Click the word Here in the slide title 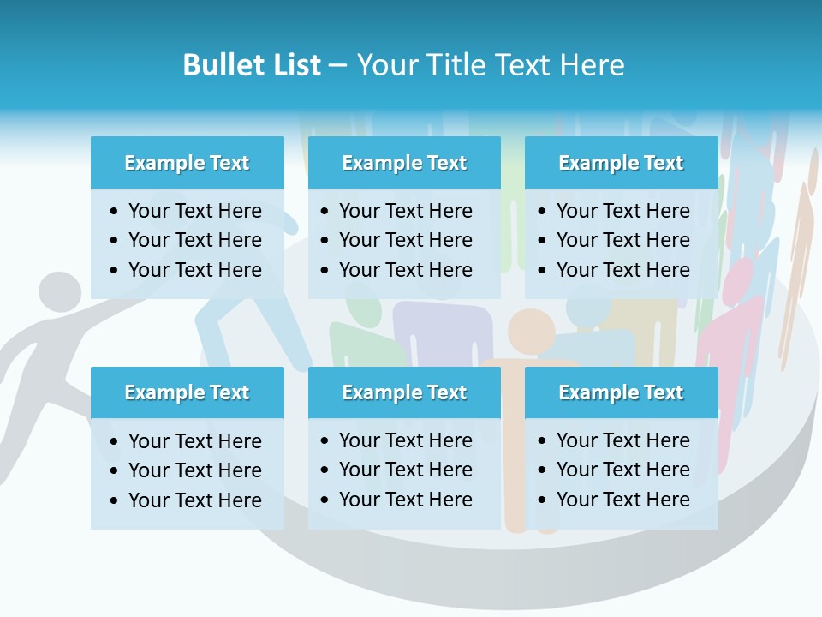pos(591,65)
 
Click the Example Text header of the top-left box pos(187,163)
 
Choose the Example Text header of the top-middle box pos(404,163)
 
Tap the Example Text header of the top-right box pos(621,163)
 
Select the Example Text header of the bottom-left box pos(187,392)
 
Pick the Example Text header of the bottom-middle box pos(404,392)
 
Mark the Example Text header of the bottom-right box pos(621,392)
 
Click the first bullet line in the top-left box pos(194,211)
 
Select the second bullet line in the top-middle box pos(405,240)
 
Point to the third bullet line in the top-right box pos(622,270)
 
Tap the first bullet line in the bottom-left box pos(194,441)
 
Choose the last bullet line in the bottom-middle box pos(405,500)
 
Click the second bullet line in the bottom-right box pos(622,470)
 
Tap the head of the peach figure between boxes pos(531,330)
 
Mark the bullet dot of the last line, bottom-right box pos(543,500)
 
